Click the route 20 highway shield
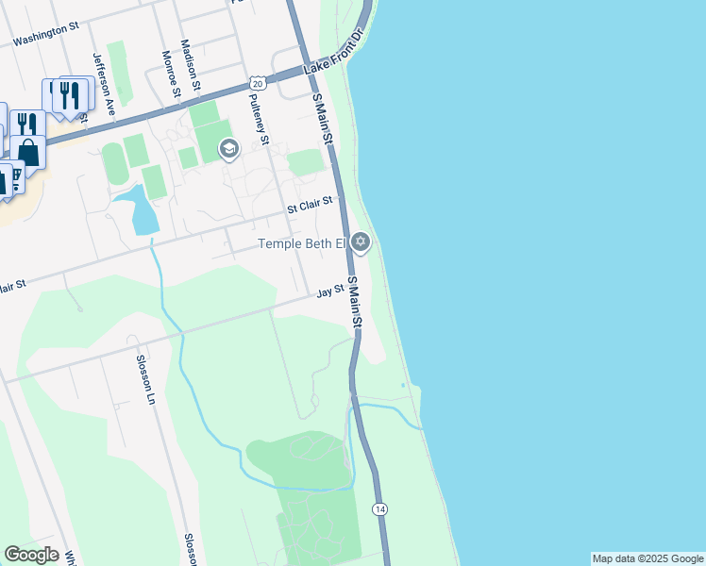[x=259, y=84]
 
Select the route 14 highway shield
[x=379, y=508]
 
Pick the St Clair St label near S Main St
[x=311, y=203]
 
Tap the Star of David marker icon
[x=360, y=243]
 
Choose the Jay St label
[x=328, y=292]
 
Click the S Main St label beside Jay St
[x=354, y=302]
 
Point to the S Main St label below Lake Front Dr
[x=323, y=118]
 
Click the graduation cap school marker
[x=228, y=149]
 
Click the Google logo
[x=31, y=555]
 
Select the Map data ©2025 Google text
[x=647, y=558]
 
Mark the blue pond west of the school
[x=140, y=208]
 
